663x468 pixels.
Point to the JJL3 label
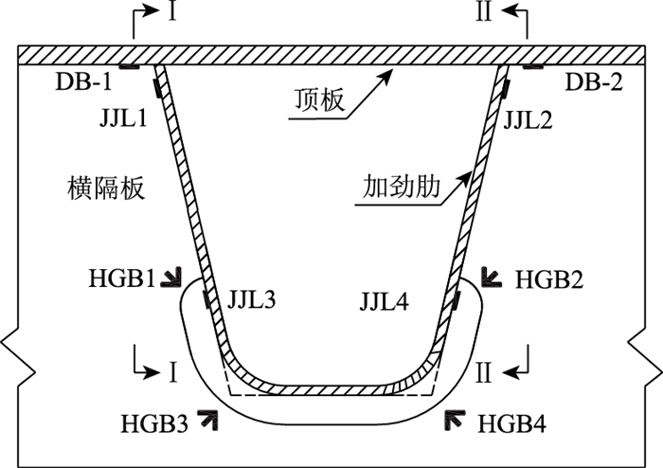252,302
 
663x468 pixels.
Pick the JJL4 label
385,302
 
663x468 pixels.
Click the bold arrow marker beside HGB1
172,277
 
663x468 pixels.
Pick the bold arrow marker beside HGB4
457,418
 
